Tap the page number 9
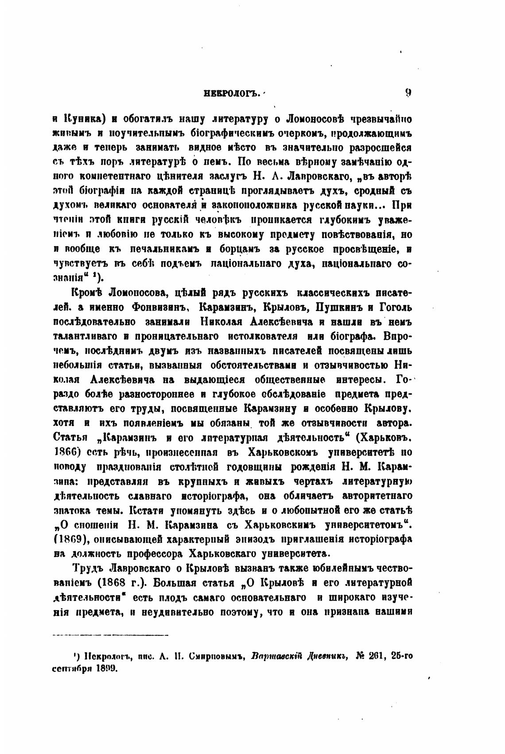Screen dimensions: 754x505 pos(408,93)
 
